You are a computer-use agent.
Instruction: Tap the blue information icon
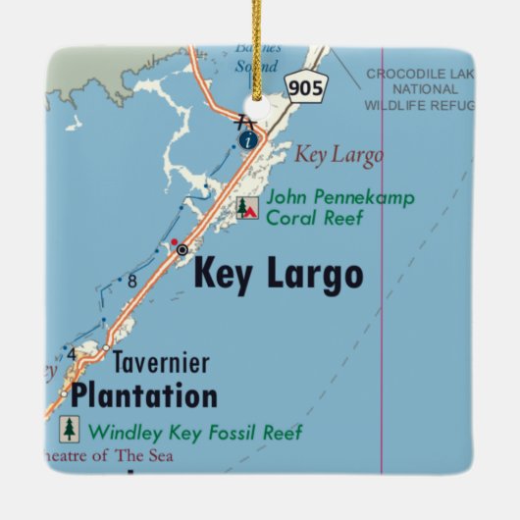pos(247,140)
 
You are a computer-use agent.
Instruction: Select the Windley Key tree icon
pos(69,429)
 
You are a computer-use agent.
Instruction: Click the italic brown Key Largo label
pos(339,155)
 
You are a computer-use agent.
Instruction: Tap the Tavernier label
pos(160,363)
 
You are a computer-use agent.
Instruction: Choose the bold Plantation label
pos(144,396)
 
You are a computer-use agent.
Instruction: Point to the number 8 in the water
pos(131,282)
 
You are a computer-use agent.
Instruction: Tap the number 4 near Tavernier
pos(71,353)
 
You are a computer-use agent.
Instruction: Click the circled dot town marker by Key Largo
pos(182,250)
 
